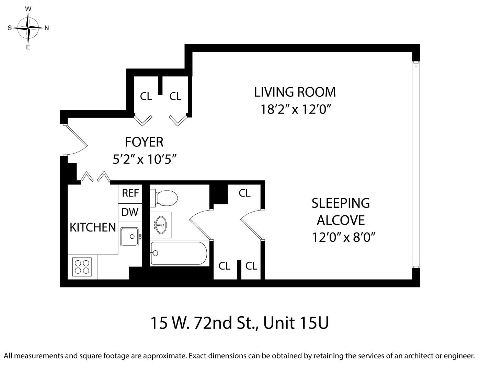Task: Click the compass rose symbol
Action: tap(28, 28)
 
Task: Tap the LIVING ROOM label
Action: tap(295, 92)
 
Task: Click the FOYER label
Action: tap(144, 142)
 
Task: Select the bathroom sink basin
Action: tap(161, 225)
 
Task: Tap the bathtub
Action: tap(179, 253)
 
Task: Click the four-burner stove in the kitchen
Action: tap(82, 266)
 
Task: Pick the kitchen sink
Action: tap(130, 236)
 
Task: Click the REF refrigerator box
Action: tap(130, 193)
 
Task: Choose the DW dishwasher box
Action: tap(130, 212)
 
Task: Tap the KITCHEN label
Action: tap(93, 227)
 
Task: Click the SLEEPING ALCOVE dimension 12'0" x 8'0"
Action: tap(342, 237)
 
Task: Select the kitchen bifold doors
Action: tap(95, 177)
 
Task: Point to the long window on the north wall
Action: tap(416, 165)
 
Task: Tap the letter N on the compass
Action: tap(47, 28)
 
